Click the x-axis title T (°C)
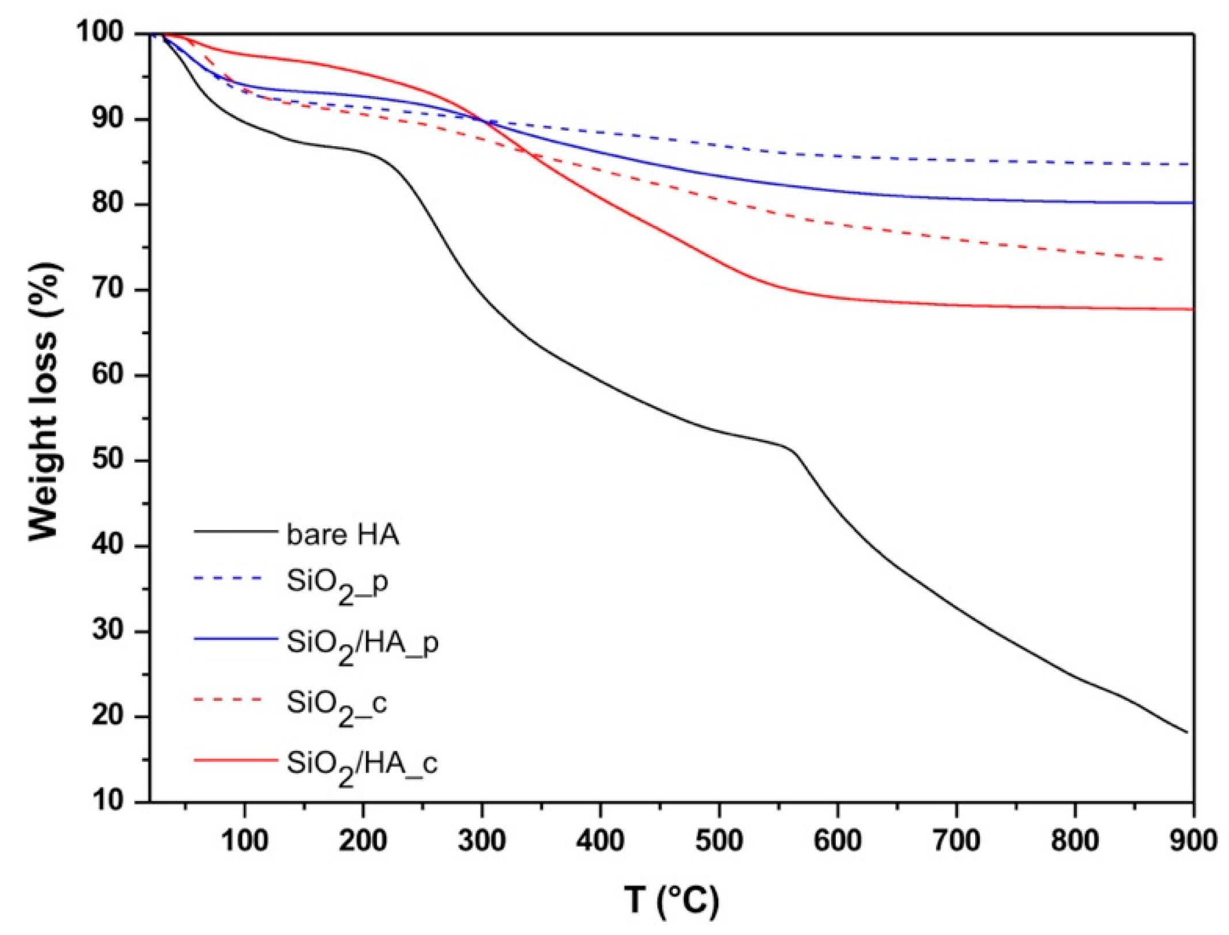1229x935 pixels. point(671,899)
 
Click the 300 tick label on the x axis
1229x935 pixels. point(481,841)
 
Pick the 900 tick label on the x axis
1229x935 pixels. point(1193,841)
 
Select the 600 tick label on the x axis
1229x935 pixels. point(837,841)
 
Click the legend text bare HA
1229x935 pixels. point(343,535)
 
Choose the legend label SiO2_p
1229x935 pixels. point(337,584)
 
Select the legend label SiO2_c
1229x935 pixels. point(337,705)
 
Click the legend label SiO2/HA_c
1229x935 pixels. point(362,766)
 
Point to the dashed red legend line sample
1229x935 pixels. point(228,700)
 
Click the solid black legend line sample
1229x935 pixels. point(235,531)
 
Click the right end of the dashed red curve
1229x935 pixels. point(1162,259)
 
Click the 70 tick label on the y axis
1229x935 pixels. point(108,289)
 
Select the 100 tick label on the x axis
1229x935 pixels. point(245,841)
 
